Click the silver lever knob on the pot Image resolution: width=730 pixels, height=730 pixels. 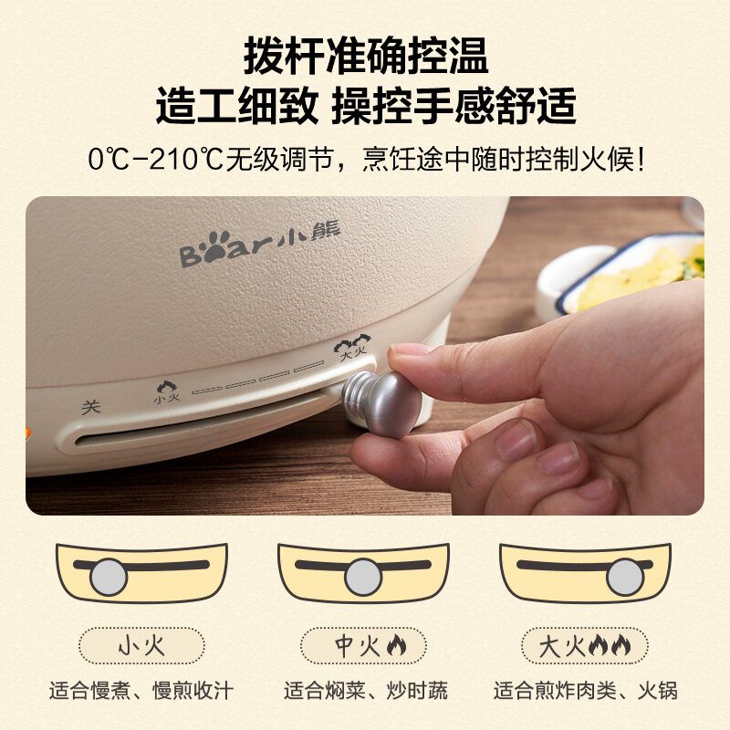pos(381,403)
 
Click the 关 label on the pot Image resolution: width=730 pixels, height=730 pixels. pos(90,407)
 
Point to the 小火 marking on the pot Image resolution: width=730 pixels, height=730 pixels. pos(167,392)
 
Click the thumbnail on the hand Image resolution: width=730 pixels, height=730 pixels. pos(404,349)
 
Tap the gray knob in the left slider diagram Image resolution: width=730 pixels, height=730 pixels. pos(109,578)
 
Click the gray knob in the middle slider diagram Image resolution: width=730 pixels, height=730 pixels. pos(363,578)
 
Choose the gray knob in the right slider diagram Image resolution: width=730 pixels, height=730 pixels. pos(626,578)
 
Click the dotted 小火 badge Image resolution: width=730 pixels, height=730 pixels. pos(141,646)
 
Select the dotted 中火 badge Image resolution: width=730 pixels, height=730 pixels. pos(363,646)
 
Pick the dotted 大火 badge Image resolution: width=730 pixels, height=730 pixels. pos(584,646)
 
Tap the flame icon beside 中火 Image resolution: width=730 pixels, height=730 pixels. pos(396,646)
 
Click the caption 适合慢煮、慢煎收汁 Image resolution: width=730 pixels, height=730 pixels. pos(141,691)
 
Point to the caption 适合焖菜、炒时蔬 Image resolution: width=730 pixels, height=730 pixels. pos(366,691)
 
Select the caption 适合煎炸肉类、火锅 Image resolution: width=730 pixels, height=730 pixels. pos(585,691)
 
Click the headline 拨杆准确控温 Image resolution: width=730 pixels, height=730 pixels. pos(366,56)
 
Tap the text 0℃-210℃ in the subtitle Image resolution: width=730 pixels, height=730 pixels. pos(156,159)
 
